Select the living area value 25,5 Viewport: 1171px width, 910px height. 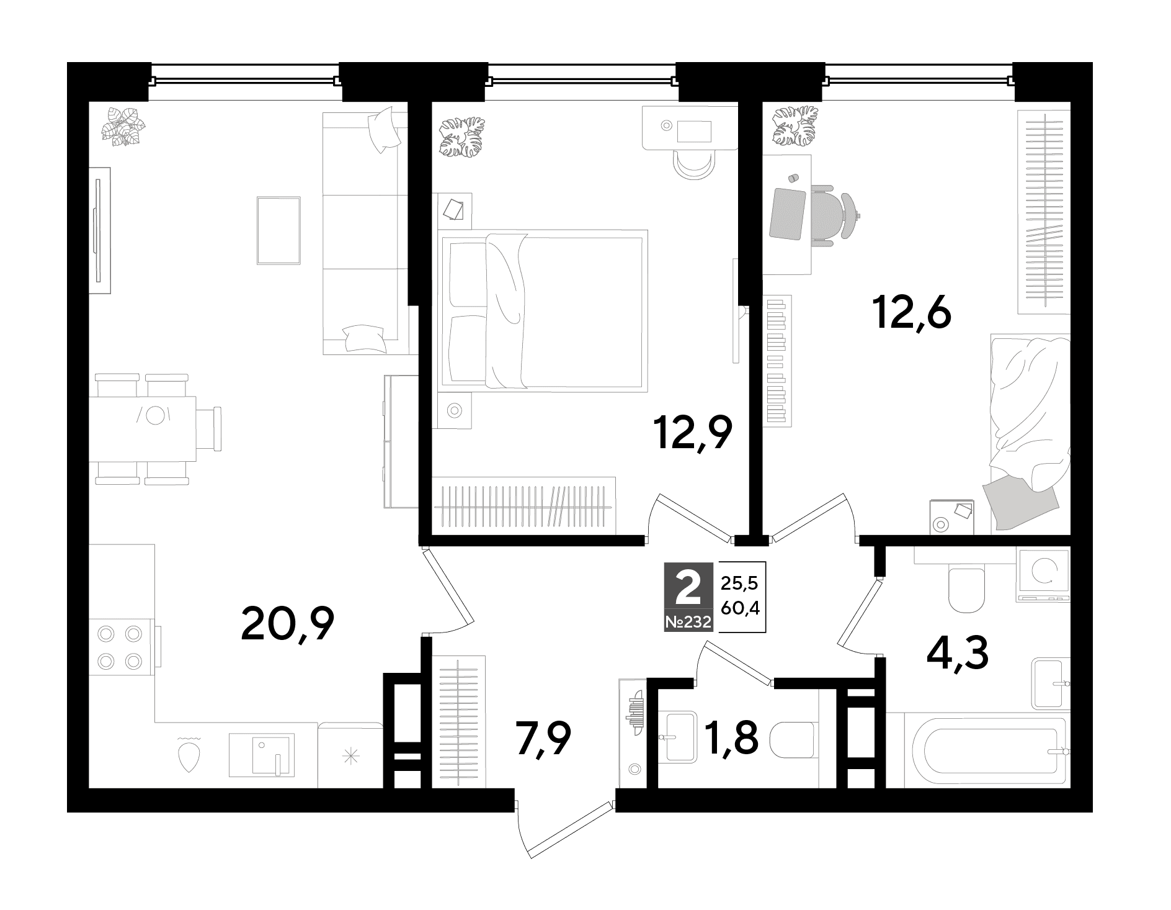coord(741,583)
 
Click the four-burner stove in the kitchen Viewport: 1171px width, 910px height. coord(122,647)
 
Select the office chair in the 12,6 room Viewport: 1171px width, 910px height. coord(835,215)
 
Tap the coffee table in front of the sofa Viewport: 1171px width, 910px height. coord(278,230)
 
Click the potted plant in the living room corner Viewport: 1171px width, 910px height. coord(127,127)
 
